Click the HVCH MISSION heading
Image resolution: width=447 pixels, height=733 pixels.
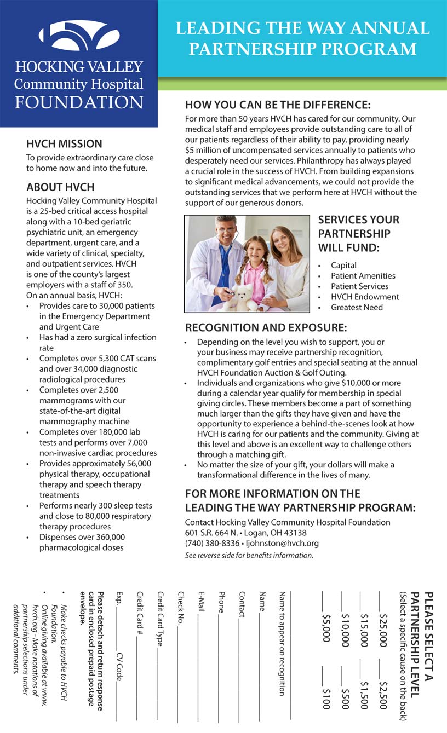pyautogui.click(x=64, y=144)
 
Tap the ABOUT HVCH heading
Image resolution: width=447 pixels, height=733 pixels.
pyautogui.click(x=60, y=187)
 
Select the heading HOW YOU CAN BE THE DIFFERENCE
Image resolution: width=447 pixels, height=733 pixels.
pyautogui.click(x=278, y=105)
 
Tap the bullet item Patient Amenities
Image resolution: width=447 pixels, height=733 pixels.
pyautogui.click(x=363, y=276)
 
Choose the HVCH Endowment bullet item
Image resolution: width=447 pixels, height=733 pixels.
pyautogui.click(x=365, y=297)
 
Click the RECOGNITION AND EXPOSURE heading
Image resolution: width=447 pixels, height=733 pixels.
pyautogui.click(x=266, y=328)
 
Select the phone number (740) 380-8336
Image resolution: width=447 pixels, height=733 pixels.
pyautogui.click(x=212, y=544)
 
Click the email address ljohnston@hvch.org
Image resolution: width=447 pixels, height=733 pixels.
pyautogui.click(x=283, y=544)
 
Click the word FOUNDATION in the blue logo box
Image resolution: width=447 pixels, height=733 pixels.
pyautogui.click(x=79, y=102)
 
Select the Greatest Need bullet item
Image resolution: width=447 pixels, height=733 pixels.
pyautogui.click(x=357, y=307)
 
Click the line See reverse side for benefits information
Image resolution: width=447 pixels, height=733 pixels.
pyautogui.click(x=249, y=555)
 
